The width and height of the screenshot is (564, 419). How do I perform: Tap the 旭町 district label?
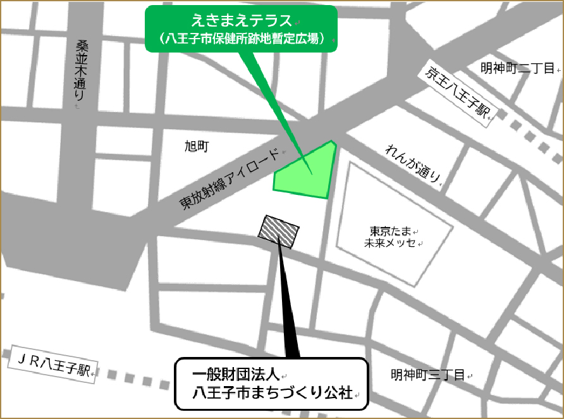point(196,147)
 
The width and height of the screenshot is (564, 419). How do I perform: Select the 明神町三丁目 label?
point(427,374)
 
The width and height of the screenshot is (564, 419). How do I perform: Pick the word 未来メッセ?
point(390,243)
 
